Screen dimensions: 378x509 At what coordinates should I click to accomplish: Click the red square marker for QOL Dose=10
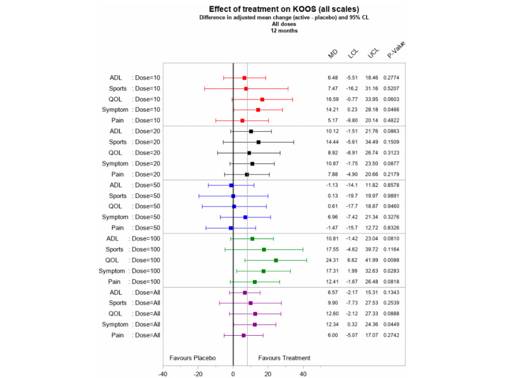[262, 99]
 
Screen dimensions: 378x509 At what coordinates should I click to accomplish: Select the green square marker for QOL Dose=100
[276, 260]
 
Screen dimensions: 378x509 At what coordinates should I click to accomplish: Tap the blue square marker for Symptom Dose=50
[245, 217]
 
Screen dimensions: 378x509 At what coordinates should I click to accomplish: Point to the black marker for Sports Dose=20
[258, 142]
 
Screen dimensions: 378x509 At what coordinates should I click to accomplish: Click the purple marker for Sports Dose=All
[251, 303]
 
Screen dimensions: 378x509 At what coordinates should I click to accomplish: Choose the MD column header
[333, 54]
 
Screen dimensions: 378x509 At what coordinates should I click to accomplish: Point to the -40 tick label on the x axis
[163, 374]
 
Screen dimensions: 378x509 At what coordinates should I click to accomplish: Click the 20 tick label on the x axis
[268, 374]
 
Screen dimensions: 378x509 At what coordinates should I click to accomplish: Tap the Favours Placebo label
[192, 358]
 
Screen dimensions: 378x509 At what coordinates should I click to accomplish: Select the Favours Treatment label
[284, 358]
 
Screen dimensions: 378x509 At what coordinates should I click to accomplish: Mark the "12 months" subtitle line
[284, 31]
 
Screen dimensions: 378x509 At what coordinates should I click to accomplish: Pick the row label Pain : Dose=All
[134, 335]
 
